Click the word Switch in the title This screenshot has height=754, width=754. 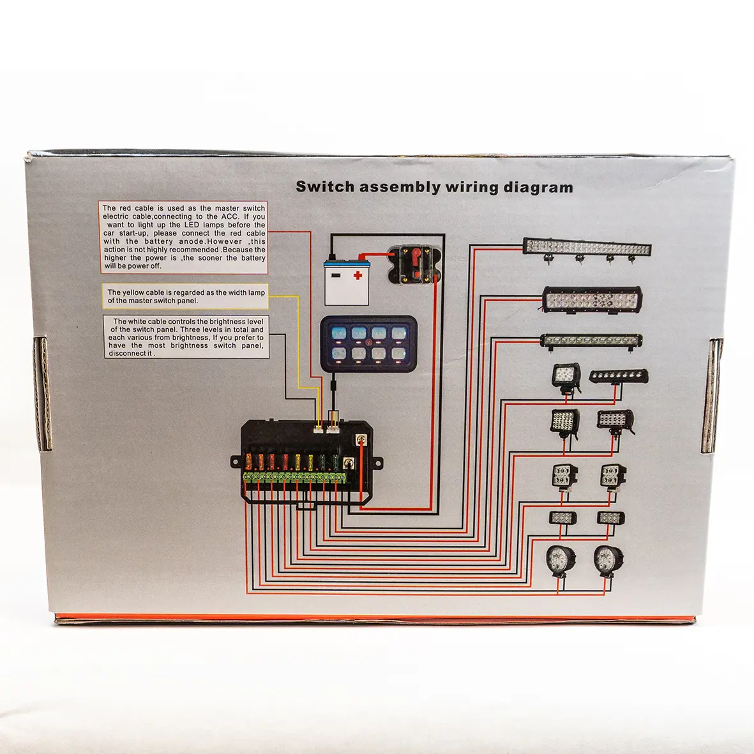click(325, 187)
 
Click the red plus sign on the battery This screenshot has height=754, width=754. click(358, 276)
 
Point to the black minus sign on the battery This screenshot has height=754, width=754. click(336, 276)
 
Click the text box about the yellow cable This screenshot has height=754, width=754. click(186, 296)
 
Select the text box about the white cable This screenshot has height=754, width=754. click(186, 336)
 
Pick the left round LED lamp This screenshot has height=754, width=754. click(561, 561)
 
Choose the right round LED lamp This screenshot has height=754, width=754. click(607, 561)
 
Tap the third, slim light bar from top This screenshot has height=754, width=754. click(591, 340)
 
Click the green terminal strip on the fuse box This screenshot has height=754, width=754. click(295, 477)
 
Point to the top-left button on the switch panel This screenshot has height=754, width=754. click(338, 333)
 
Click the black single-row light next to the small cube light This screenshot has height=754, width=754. click(618, 376)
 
